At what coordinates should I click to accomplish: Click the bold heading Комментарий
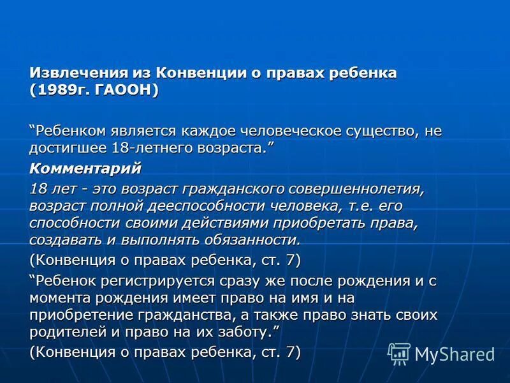85,169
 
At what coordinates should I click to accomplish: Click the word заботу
245,332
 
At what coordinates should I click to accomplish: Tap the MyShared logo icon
399,353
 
